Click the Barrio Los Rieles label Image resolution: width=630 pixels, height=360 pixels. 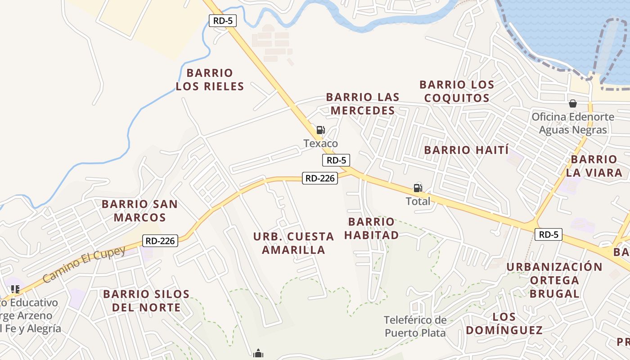pyautogui.click(x=210, y=80)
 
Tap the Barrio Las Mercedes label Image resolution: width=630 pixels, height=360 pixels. pyautogui.click(x=363, y=103)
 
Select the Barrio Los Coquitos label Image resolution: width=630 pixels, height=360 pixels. pyautogui.click(x=457, y=91)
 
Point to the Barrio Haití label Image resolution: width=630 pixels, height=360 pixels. pyautogui.click(x=466, y=150)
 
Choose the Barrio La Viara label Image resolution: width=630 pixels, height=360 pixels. pyautogui.click(x=594, y=166)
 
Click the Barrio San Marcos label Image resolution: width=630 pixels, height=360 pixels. pyautogui.click(x=139, y=211)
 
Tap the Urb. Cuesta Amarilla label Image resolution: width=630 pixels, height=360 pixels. pyautogui.click(x=293, y=243)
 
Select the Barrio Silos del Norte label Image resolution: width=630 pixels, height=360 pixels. pyautogui.click(x=146, y=301)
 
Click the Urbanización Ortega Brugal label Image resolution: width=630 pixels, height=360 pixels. pyautogui.click(x=554, y=280)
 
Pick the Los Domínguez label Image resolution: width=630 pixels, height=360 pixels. pyautogui.click(x=504, y=324)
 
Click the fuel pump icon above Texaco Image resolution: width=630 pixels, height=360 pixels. pyautogui.click(x=320, y=130)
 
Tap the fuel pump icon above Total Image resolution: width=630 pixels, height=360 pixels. pyautogui.click(x=418, y=188)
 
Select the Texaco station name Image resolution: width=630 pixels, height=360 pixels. pyautogui.click(x=320, y=144)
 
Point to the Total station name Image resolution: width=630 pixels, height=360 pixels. pyautogui.click(x=418, y=201)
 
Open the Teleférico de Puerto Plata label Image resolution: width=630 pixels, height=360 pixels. pyautogui.click(x=415, y=326)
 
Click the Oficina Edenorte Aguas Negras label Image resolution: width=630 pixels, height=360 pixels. pyautogui.click(x=573, y=123)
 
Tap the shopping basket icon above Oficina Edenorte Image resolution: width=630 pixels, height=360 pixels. pyautogui.click(x=573, y=104)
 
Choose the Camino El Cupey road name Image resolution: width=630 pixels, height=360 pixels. pyautogui.click(x=84, y=264)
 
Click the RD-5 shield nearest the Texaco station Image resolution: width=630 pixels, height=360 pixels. pyautogui.click(x=336, y=160)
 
